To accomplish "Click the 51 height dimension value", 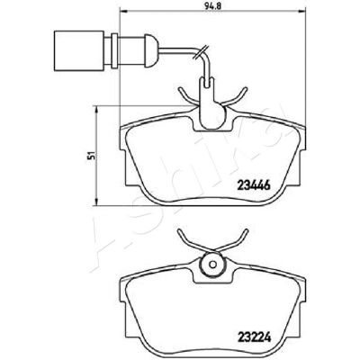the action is [x=93, y=156].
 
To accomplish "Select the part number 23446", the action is [x=254, y=185].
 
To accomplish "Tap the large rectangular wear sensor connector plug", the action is [x=79, y=50].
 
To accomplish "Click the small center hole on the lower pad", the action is [x=212, y=265].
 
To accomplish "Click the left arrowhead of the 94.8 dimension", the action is [x=123, y=12].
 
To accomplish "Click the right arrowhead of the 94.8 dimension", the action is [x=302, y=12].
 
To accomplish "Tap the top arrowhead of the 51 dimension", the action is [x=96, y=109].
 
